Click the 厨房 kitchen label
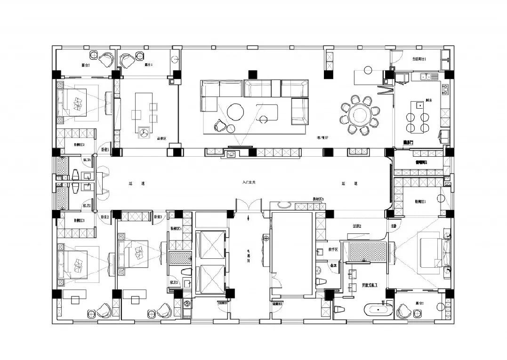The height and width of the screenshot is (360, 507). click(429, 100)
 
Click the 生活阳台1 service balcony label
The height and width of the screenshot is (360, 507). click(419, 59)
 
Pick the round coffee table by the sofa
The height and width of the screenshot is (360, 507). click(235, 112)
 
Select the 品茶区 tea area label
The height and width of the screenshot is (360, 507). click(162, 138)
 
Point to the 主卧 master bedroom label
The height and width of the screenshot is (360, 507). click(393, 226)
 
